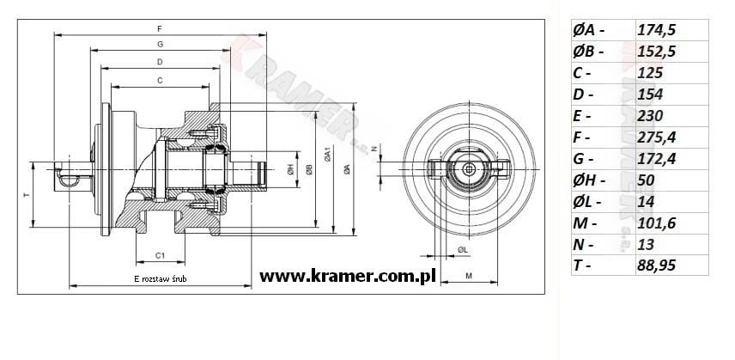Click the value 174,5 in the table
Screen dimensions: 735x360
pos(656,30)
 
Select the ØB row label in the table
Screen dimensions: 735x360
pos(588,52)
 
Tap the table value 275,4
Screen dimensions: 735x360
pos(656,137)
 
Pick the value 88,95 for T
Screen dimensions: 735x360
pos(656,265)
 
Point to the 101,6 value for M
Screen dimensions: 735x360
pos(656,223)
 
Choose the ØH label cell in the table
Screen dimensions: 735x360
pos(589,180)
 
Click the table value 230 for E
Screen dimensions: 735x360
pos(650,116)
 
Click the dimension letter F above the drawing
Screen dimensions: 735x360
pos(160,29)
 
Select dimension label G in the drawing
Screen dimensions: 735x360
pos(160,44)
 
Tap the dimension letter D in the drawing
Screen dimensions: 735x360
pos(160,62)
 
